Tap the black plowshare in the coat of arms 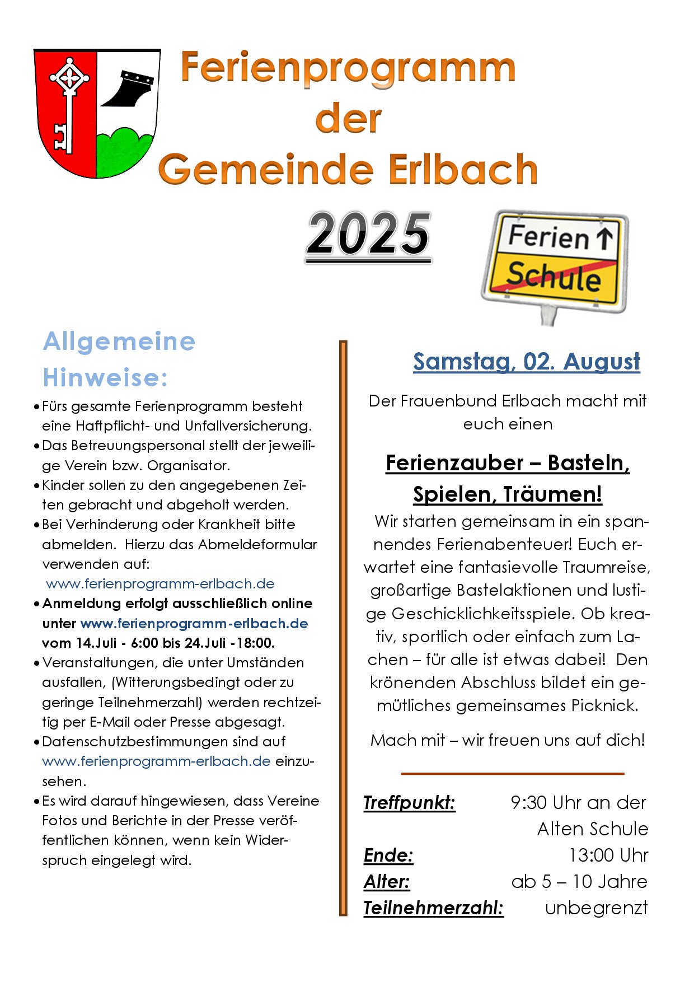(x=130, y=90)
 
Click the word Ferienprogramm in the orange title (x=348, y=68)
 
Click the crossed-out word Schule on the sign (x=553, y=276)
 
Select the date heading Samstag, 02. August (x=527, y=362)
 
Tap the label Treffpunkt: (x=409, y=802)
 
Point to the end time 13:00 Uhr (x=608, y=855)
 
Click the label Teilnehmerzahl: (x=433, y=908)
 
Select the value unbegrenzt (x=596, y=908)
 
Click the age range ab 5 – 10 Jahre (x=579, y=881)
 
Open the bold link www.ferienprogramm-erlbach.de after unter (x=194, y=623)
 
